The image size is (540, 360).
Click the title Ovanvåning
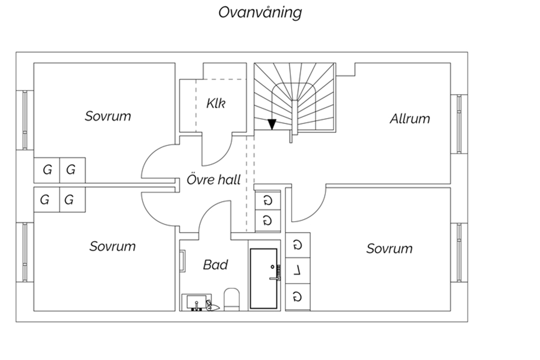260,13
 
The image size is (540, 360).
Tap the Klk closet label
216,103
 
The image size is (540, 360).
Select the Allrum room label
410,119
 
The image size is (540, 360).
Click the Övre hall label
214,180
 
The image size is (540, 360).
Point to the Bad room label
215,265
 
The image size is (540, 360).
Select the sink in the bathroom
197,302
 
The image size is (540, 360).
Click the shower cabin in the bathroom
265,279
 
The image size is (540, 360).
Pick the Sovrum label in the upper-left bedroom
108,116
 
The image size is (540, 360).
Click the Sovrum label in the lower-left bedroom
112,246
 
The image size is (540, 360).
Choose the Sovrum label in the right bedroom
389,248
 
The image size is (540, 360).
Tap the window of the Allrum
459,124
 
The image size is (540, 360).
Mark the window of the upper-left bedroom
25,120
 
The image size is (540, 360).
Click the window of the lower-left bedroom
25,252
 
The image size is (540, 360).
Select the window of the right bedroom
459,253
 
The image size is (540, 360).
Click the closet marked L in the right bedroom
298,270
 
